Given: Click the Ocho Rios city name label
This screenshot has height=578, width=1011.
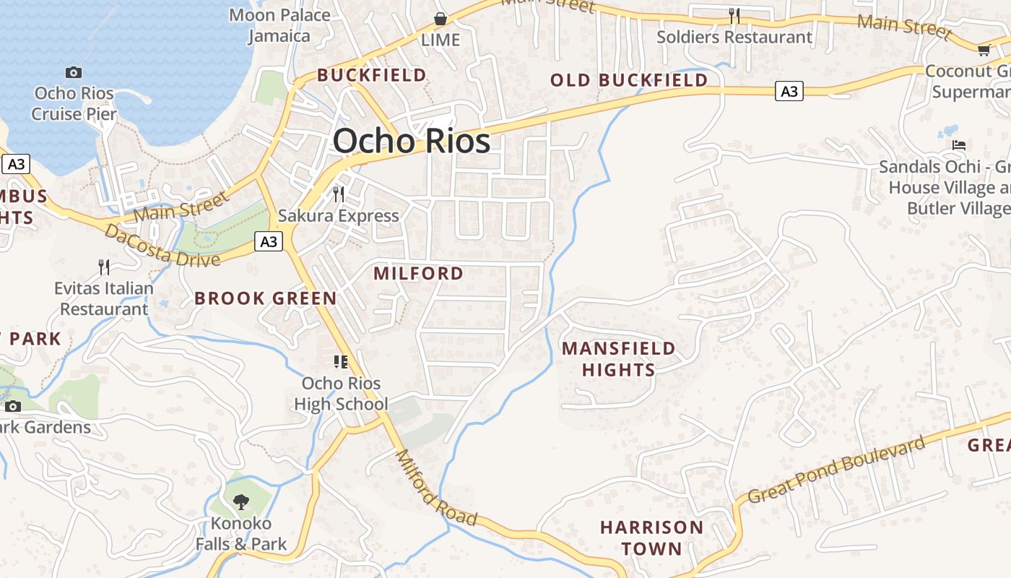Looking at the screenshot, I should click(x=412, y=141).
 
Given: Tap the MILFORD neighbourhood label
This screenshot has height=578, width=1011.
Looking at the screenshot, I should click(x=419, y=274).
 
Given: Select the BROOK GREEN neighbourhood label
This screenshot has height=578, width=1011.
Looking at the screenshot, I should click(x=266, y=298).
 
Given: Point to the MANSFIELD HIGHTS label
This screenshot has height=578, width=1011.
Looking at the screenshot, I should click(x=619, y=359).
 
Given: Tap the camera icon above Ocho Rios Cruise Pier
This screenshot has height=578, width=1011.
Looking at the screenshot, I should click(x=74, y=72).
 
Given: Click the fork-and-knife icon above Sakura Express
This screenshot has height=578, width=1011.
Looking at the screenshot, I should click(x=338, y=194).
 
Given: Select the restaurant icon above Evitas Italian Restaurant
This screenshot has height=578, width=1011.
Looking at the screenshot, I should click(x=104, y=267).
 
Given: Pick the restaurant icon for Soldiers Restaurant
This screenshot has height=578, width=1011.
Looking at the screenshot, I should click(x=734, y=15).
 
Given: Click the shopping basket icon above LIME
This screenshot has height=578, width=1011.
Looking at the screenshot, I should click(x=440, y=19).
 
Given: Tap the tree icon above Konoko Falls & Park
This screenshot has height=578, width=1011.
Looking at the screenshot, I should click(x=241, y=501).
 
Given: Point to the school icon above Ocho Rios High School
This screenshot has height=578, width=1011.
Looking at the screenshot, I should click(x=341, y=362).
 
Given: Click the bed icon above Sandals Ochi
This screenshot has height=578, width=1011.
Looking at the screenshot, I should click(x=959, y=145).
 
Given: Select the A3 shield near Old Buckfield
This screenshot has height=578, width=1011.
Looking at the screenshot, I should click(x=789, y=91).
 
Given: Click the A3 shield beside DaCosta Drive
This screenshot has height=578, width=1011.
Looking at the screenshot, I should click(x=269, y=241).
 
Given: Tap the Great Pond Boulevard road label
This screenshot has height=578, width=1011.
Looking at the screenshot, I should click(x=836, y=470).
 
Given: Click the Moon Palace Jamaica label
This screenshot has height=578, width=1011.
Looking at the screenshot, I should click(x=279, y=25).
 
